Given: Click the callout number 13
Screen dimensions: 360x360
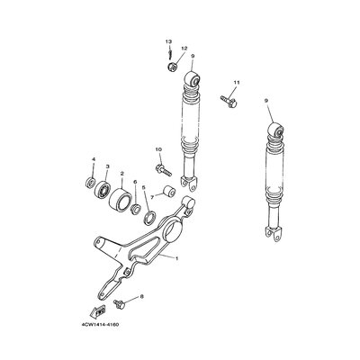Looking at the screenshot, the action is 168,41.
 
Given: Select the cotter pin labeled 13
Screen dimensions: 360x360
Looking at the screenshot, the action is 170,54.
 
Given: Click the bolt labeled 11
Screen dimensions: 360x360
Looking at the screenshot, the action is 229,101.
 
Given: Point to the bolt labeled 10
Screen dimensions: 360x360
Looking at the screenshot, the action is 164,170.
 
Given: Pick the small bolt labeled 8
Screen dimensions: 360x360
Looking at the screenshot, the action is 119,303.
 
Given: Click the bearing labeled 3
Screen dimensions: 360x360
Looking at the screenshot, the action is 103,188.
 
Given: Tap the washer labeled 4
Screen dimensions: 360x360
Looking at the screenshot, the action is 90,182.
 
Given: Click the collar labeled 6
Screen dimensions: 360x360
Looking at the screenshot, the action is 136,208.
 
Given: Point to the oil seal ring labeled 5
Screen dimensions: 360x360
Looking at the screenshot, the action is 149,218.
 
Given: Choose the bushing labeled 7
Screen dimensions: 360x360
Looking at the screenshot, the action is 169,192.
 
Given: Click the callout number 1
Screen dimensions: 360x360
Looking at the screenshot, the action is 176,258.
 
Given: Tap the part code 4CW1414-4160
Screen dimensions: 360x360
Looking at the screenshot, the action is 100,325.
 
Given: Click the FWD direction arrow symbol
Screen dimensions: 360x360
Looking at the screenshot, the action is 98,310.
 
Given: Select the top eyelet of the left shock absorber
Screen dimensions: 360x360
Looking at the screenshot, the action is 193,79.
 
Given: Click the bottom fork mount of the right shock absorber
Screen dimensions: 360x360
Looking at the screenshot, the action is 274,232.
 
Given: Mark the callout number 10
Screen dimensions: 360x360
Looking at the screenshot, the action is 158,149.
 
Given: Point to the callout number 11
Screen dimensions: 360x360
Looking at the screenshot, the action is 237,82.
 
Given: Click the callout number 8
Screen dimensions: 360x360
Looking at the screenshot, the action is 141,296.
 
